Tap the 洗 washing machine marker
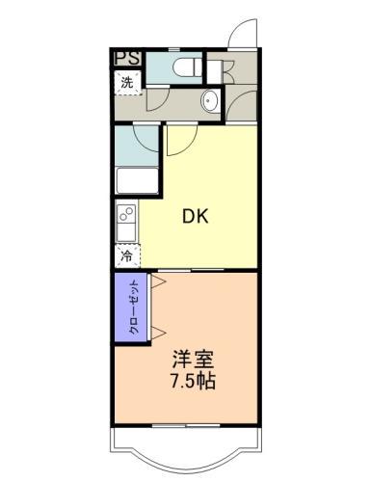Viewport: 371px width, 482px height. (128, 82)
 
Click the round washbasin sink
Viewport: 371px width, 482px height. (209, 101)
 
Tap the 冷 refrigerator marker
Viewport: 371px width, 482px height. (127, 256)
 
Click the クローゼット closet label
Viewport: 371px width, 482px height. (132, 307)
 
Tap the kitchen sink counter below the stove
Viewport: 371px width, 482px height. (126, 231)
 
